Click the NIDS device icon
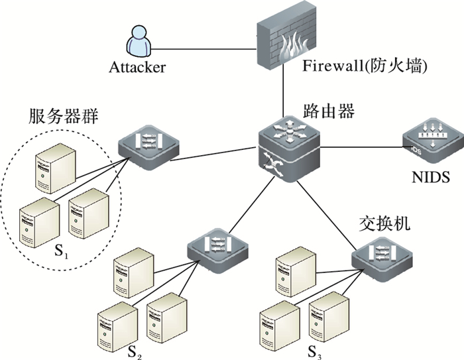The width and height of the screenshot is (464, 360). coord(428,141)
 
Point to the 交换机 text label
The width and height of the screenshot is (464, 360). coord(382,223)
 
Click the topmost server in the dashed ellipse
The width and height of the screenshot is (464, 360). coord(56,166)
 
